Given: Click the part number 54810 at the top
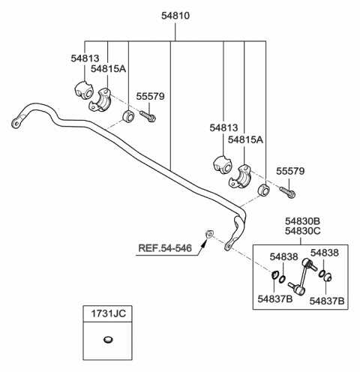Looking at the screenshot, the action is pos(175,16).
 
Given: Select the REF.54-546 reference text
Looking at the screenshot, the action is pos(165,248).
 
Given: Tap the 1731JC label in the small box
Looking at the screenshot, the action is pos(108,313).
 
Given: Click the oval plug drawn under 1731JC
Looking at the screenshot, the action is pos(108,340).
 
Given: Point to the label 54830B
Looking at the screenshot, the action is pos(303,221).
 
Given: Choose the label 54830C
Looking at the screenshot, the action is pos(303,231).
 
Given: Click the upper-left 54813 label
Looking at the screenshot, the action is pos(85,58).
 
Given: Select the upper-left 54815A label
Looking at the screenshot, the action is pos(108,68).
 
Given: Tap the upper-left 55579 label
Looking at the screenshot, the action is pos(150,96).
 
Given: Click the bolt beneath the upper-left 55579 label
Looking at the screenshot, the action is pos(148,116).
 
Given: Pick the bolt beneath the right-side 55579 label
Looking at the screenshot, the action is pos(287,192).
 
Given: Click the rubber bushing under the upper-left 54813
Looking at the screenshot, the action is pos(84,90).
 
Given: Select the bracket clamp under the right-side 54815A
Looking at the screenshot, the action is pos(240,176).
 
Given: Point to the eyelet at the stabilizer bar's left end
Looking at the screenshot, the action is pos(16,124).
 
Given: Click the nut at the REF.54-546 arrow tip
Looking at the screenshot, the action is pos(209,234).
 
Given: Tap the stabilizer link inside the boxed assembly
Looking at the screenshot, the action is pos(302,276).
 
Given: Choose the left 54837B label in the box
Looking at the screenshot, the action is pos(275,298).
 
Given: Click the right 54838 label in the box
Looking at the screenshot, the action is pos(325,253).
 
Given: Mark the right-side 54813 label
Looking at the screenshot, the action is pos(223,127).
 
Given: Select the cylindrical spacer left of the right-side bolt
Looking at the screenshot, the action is pos(264,190).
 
